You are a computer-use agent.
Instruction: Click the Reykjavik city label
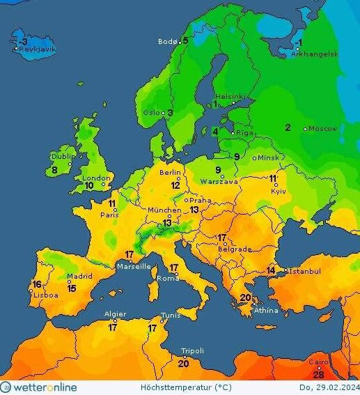point(38,49)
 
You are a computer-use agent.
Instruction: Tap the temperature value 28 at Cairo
point(319,375)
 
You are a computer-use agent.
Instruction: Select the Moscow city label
point(323,129)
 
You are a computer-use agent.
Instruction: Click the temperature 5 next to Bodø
point(185,40)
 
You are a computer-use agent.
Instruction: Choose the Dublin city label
point(63,157)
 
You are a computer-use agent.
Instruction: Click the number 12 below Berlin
point(178,185)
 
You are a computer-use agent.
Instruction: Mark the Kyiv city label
point(278,191)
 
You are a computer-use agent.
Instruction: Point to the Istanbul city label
point(304,271)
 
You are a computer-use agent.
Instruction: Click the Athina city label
point(266,310)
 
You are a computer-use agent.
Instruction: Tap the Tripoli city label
point(192,351)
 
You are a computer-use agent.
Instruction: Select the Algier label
point(115,314)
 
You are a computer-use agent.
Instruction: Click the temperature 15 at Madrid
point(71,288)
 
